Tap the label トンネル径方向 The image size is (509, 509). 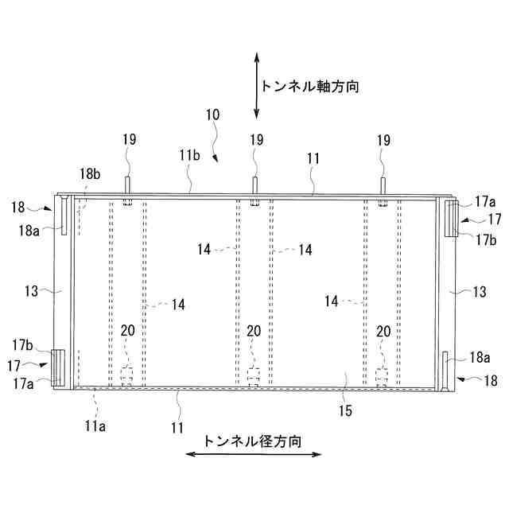click(x=253, y=441)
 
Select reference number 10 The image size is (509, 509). click(x=212, y=115)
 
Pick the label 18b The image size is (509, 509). click(x=89, y=174)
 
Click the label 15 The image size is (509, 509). click(x=345, y=411)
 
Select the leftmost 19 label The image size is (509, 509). click(x=129, y=140)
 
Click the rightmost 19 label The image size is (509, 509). click(x=383, y=140)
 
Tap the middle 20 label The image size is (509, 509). click(x=254, y=331)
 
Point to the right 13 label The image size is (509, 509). click(x=479, y=292)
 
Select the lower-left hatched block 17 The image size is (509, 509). click(x=59, y=367)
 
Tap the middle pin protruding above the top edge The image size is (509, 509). click(x=254, y=185)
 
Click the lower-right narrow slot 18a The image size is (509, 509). click(x=445, y=370)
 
